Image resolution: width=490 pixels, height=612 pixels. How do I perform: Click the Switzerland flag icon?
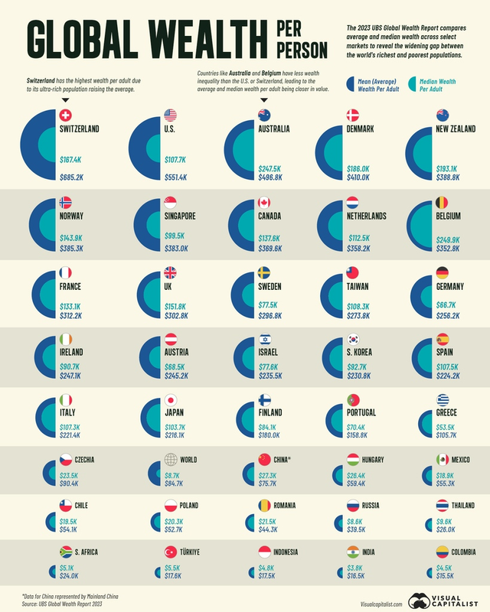click(67, 116)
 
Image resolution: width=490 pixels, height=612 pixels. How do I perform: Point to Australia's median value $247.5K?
click(272, 168)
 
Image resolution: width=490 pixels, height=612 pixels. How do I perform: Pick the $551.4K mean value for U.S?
click(178, 177)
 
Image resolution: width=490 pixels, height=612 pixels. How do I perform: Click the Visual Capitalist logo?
click(444, 599)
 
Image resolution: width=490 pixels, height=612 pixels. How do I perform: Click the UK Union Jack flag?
click(170, 272)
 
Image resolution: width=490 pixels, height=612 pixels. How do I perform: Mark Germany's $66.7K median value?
click(448, 305)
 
